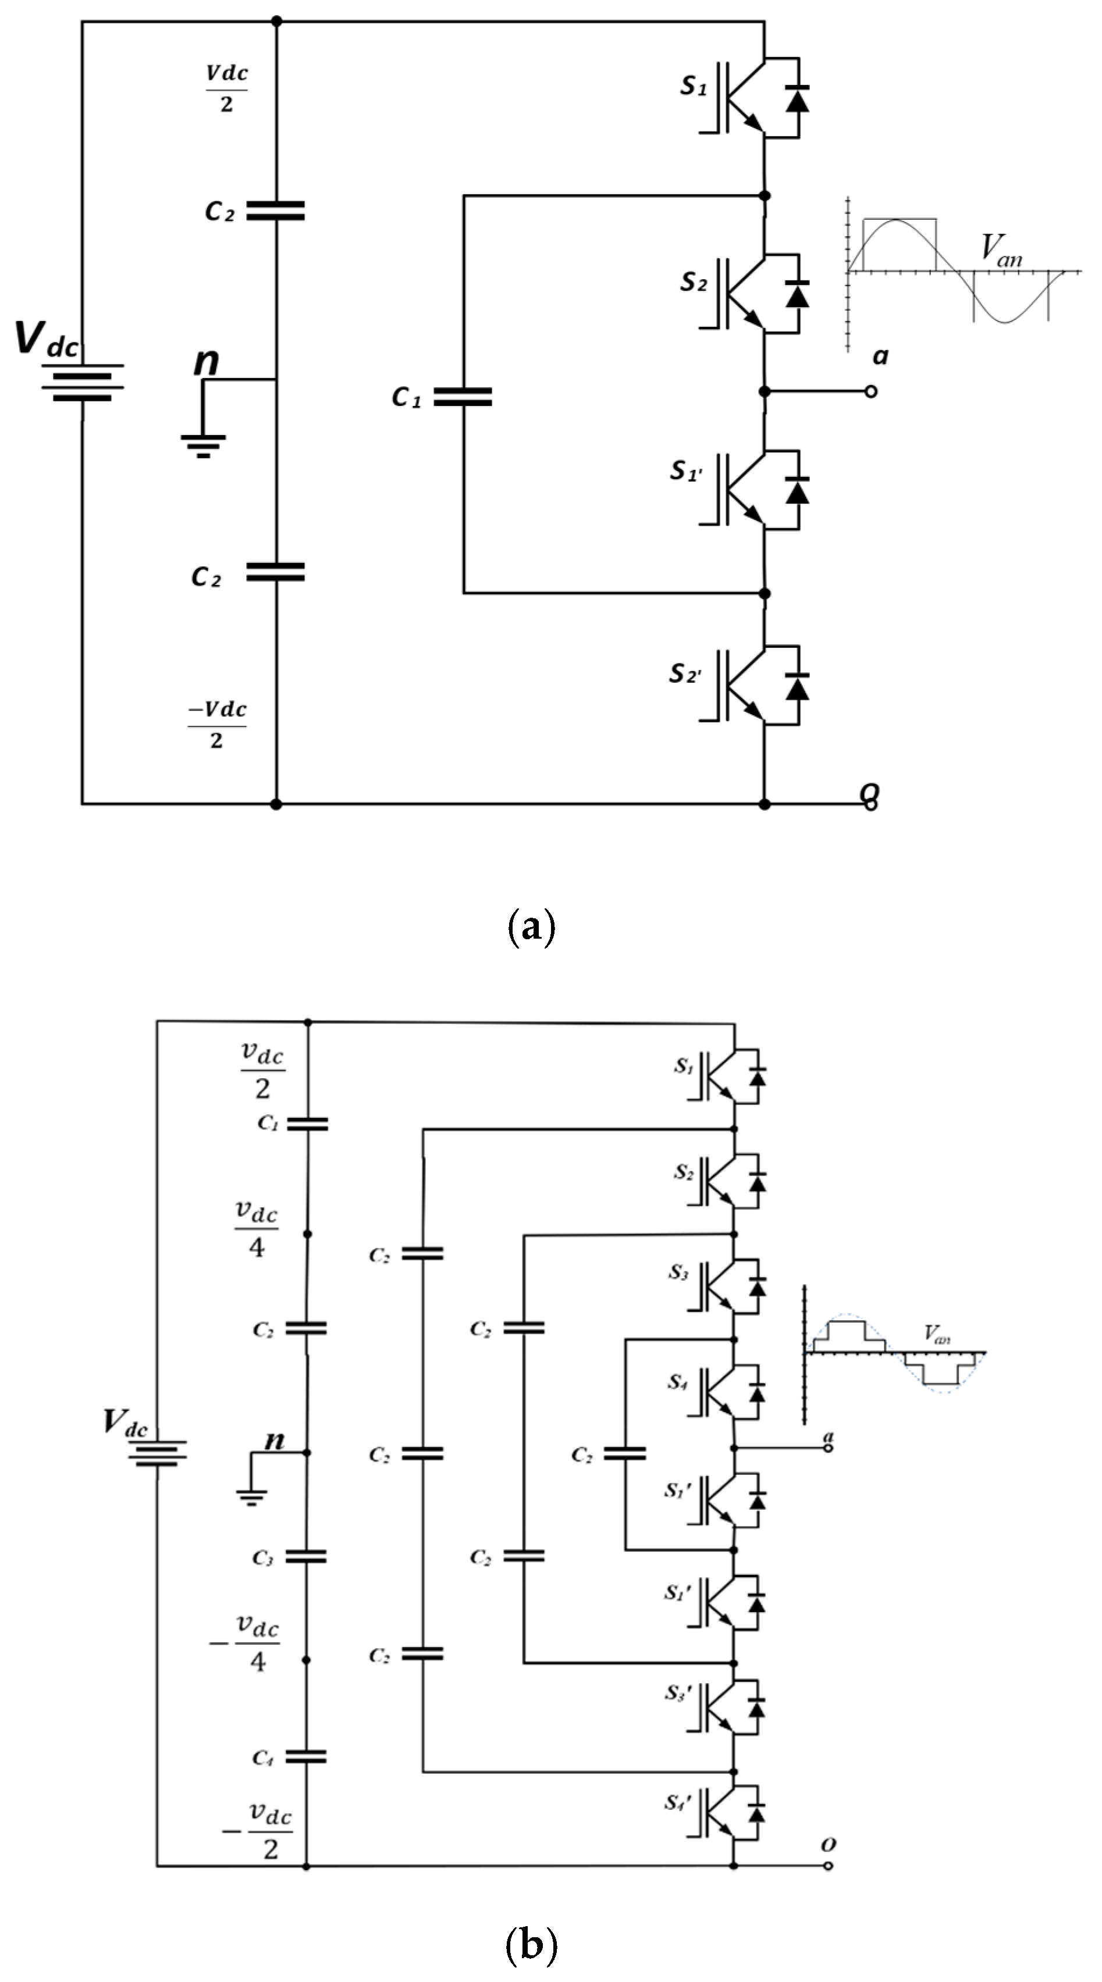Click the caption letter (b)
pos(531,1945)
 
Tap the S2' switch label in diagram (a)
pos(684,674)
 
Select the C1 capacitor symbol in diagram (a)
pos(463,396)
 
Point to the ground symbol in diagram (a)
pos(203,445)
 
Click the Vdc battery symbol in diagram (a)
pos(83,383)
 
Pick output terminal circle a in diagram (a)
pos(870,391)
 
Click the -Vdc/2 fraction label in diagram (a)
pos(218,724)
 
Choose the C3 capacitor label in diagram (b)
pos(263,1558)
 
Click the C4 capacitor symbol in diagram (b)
pos(306,1756)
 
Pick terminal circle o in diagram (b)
pos(828,1866)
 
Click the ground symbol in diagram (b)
pos(251,1496)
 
